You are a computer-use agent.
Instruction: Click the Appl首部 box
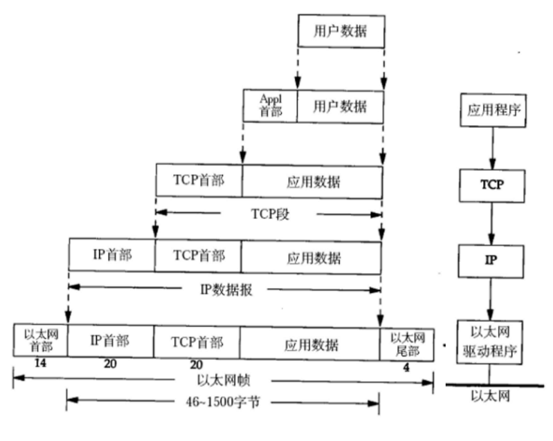[269, 106]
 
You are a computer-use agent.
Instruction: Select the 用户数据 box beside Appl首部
[340, 106]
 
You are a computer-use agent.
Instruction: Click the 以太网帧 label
[223, 382]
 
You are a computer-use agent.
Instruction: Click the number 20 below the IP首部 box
[110, 365]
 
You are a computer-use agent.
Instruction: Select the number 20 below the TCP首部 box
[196, 365]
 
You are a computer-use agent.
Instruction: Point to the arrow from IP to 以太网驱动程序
[489, 300]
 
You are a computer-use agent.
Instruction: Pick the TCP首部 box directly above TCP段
[198, 181]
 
